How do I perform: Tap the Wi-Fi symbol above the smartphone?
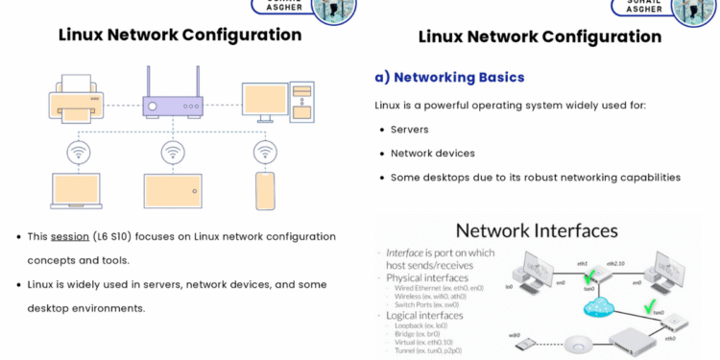[266, 153]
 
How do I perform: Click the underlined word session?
[69, 236]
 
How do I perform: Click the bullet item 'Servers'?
[409, 129]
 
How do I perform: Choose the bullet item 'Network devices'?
[432, 153]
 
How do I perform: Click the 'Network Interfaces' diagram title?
[537, 230]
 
